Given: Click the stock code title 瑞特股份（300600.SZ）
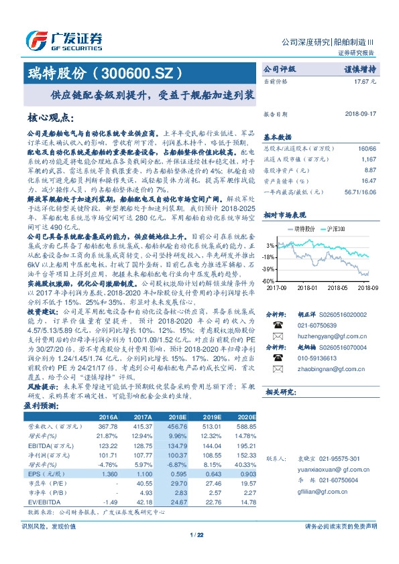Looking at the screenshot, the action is [x=104, y=72].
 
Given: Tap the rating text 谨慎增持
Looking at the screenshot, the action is [x=360, y=68].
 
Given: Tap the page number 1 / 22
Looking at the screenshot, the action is [x=198, y=534].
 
